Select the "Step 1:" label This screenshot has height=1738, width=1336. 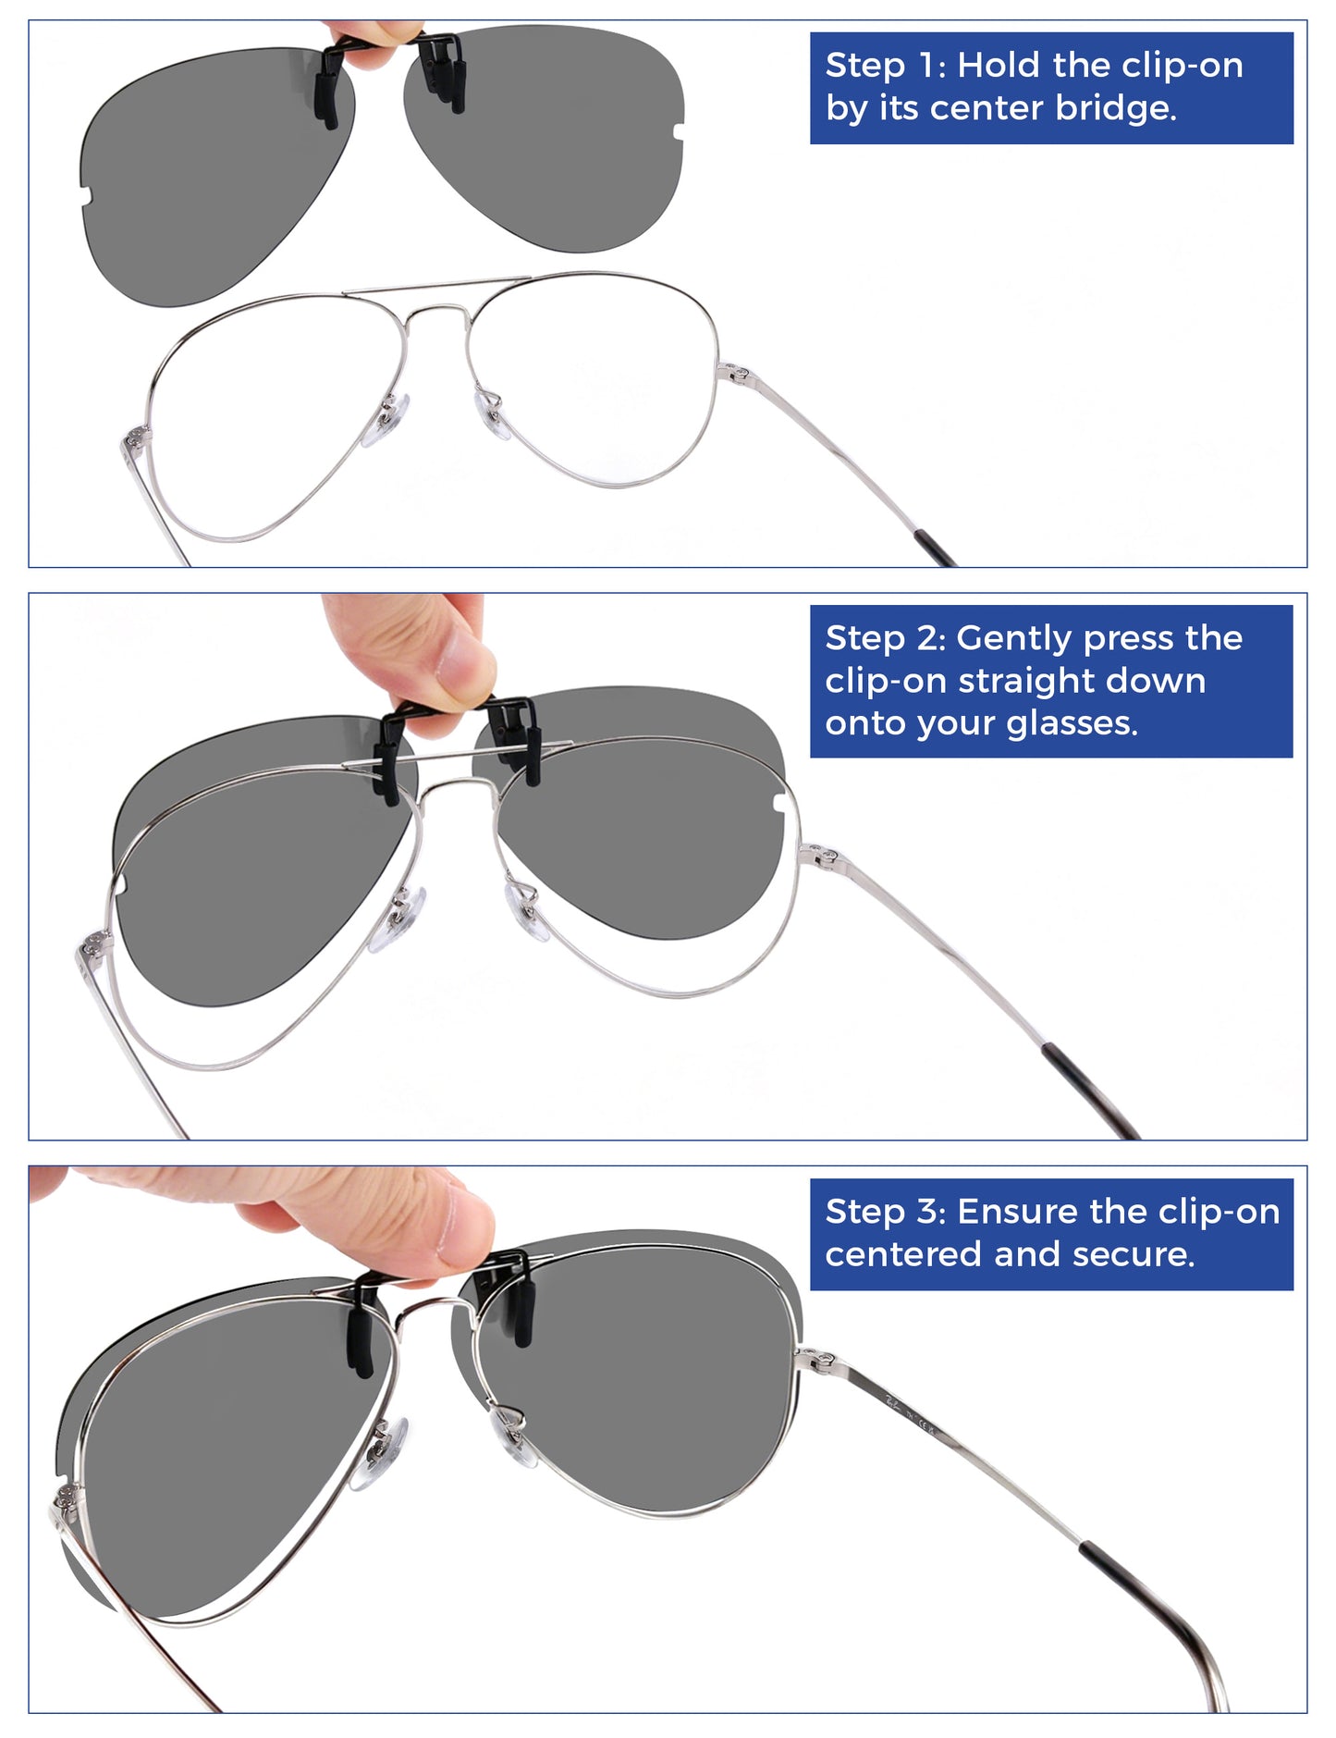point(885,65)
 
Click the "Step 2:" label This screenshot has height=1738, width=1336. point(885,639)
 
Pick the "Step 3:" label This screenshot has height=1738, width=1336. point(885,1212)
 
